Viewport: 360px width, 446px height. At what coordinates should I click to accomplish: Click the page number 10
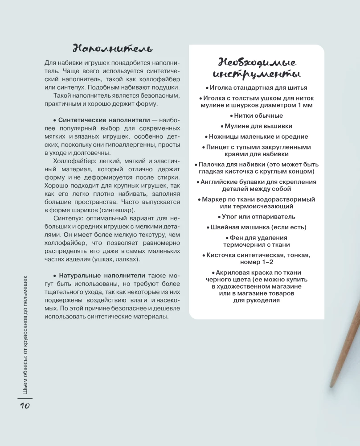click(x=24, y=405)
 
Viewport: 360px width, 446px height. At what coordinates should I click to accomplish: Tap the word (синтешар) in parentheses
click(x=119, y=210)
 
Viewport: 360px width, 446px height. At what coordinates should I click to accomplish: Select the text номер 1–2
click(x=257, y=262)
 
